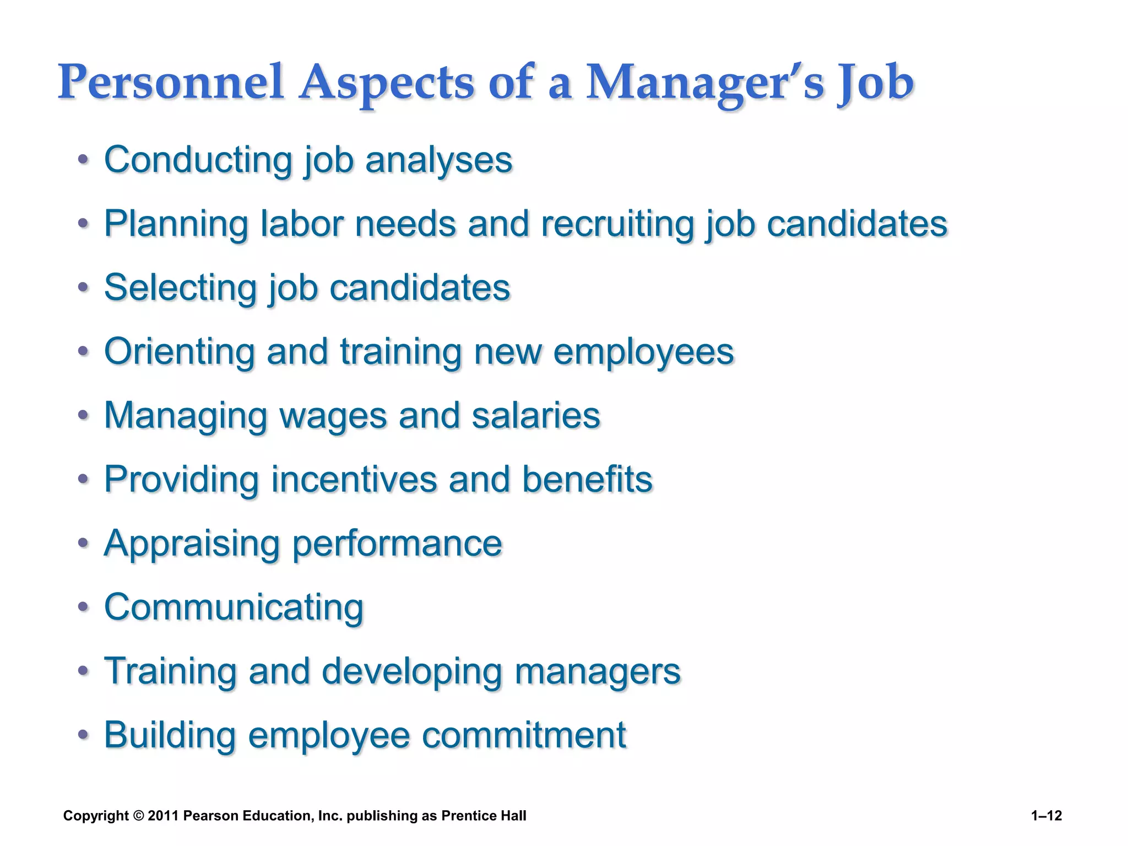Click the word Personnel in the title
[x=171, y=83]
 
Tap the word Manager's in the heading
[x=704, y=83]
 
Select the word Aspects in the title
[x=386, y=83]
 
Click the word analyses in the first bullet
[x=438, y=160]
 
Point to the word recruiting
[x=617, y=224]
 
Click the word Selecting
[x=180, y=288]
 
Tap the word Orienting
[x=180, y=352]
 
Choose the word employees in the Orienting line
[x=643, y=352]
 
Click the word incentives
[x=354, y=479]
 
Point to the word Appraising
[x=192, y=544]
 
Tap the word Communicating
[x=234, y=608]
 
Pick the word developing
[x=411, y=671]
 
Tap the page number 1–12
[x=1046, y=816]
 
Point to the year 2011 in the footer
[x=164, y=816]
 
